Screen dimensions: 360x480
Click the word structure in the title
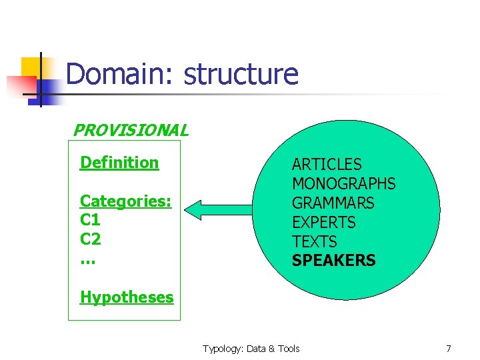(241, 74)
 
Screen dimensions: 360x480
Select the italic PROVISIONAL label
(130, 130)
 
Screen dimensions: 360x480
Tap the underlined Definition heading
(119, 163)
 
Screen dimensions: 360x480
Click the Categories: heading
(125, 201)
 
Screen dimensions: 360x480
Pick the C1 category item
(90, 220)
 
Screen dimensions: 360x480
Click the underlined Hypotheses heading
(127, 297)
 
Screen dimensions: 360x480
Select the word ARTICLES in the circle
(327, 165)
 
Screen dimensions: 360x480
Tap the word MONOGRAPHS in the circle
(343, 184)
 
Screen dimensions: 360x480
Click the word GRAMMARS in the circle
(333, 203)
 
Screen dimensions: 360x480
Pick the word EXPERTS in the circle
(324, 223)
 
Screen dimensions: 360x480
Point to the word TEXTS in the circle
(315, 242)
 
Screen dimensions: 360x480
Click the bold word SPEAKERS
(333, 261)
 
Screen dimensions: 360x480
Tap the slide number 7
(449, 349)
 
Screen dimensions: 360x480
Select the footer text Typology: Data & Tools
(251, 349)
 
